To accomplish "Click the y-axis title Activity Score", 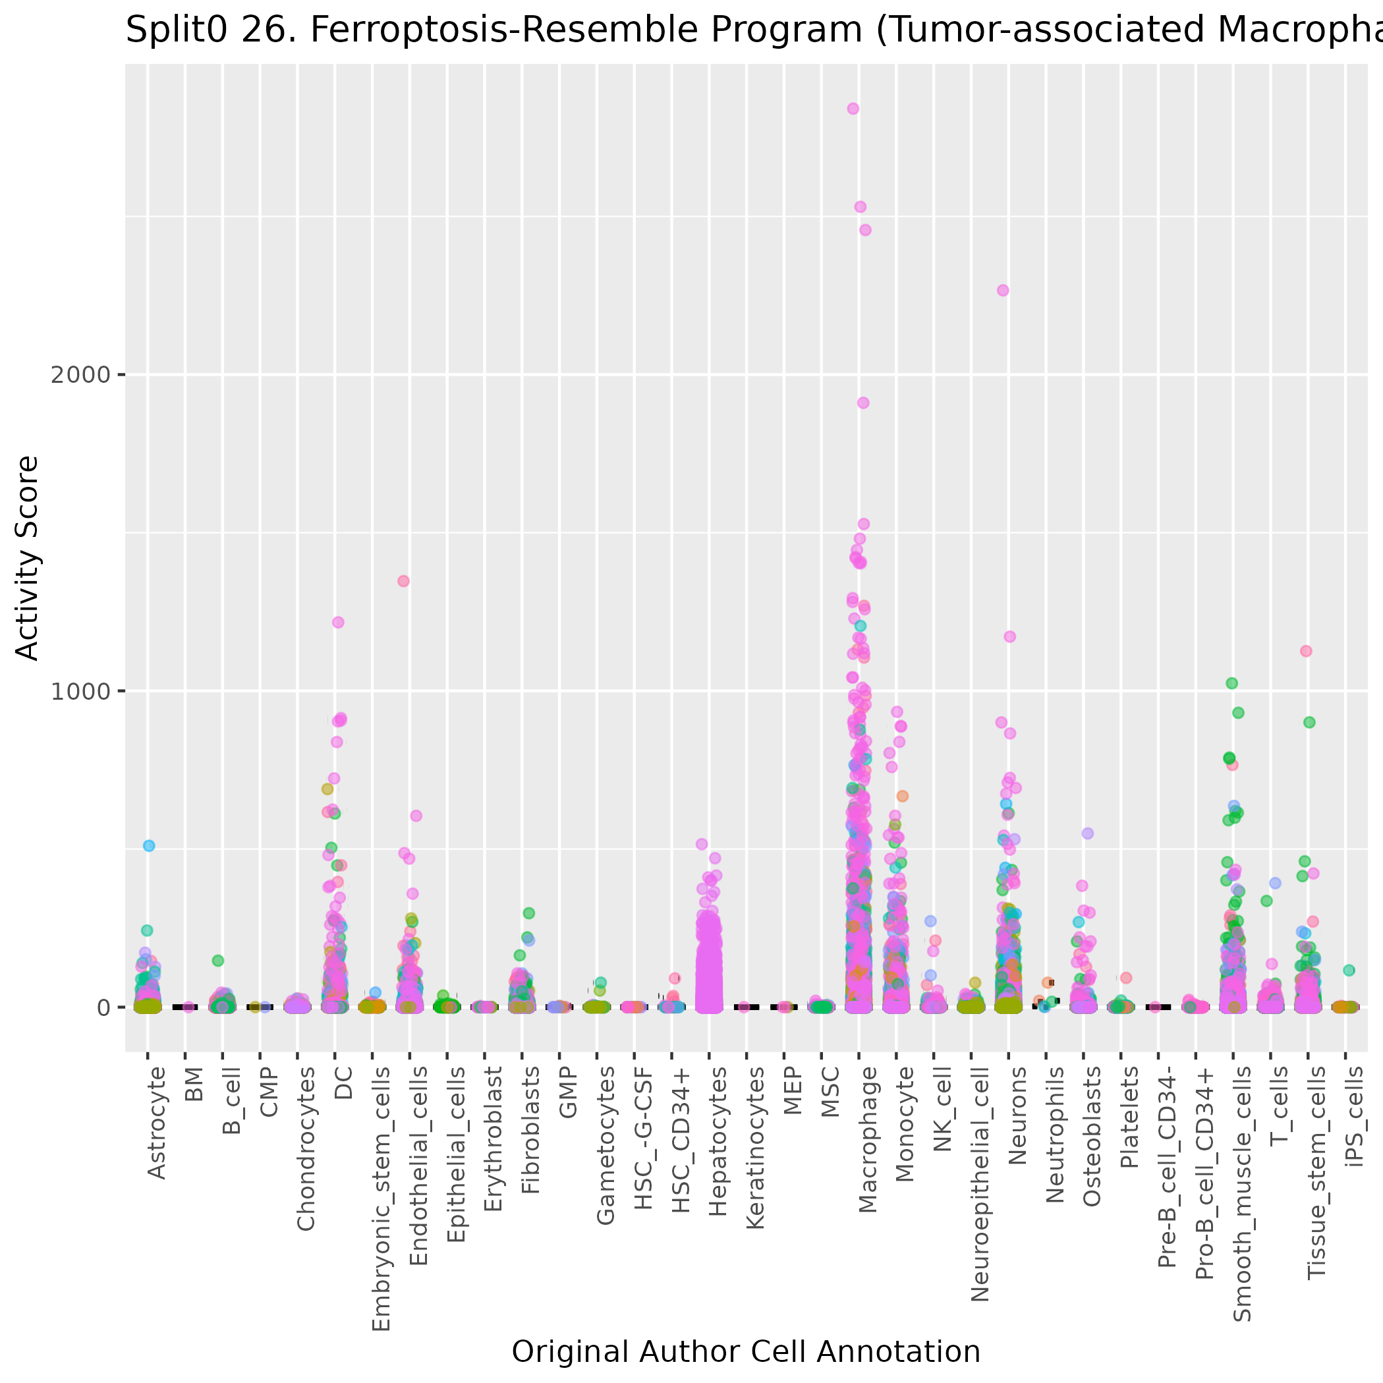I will point(27,557).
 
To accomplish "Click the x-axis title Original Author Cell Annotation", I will point(746,1351).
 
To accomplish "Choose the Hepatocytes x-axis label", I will point(718,1141).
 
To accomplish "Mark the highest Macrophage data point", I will point(853,109).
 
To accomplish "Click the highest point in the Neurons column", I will point(1003,290).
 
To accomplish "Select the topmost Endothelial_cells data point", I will point(403,580).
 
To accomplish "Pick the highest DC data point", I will point(338,622).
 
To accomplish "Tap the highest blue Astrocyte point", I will point(149,845).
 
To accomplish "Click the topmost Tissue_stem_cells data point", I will point(1306,651).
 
